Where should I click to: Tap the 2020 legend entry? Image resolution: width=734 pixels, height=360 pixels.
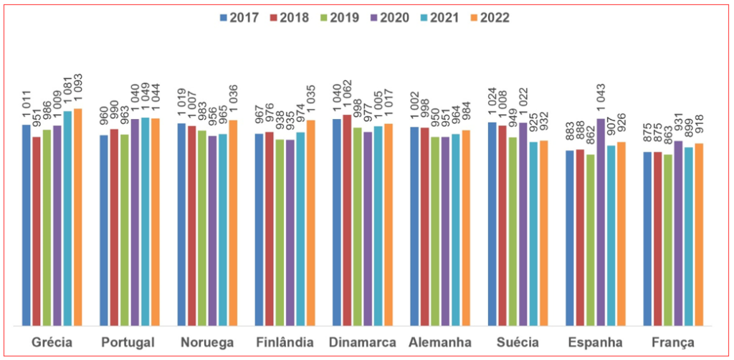pos(389,18)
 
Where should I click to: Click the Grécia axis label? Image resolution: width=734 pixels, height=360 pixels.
pos(52,342)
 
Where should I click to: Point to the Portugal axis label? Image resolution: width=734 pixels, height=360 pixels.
pos(130,342)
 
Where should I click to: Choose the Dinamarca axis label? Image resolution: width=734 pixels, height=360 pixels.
pos(363,342)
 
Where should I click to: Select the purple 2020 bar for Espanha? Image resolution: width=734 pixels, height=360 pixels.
pos(601,222)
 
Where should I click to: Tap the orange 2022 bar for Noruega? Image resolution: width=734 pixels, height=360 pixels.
pos(233,223)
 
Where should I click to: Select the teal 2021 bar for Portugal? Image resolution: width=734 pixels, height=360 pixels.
pos(146,222)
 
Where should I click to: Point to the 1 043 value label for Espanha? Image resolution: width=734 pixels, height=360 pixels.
pos(601,100)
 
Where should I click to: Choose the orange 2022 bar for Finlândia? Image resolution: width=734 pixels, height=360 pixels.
pos(310,223)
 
